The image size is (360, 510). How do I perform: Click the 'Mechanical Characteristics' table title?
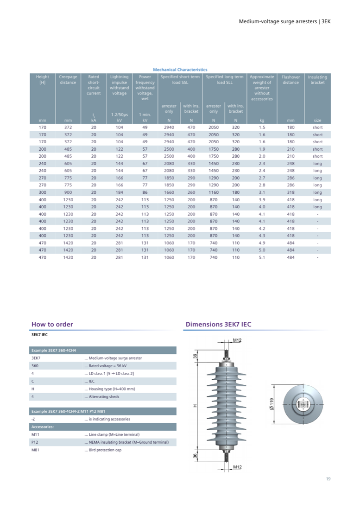point(180,70)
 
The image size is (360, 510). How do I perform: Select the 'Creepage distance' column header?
point(68,80)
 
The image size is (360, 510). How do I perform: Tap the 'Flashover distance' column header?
point(291,80)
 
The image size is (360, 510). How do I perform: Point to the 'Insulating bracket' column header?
point(317,80)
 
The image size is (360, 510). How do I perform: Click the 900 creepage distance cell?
point(68,192)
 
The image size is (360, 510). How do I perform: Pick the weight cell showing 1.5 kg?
point(262,127)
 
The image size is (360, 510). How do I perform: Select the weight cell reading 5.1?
point(262,257)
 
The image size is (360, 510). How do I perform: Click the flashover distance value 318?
point(291,192)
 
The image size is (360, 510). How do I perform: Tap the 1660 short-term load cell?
point(169,192)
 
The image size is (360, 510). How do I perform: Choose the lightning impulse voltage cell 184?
point(119,192)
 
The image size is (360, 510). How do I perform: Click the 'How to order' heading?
point(52,324)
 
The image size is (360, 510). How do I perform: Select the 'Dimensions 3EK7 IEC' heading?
point(218,324)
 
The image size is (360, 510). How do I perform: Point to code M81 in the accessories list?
point(35,450)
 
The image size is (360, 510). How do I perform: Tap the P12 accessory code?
point(35,442)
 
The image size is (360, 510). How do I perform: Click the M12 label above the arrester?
point(237,340)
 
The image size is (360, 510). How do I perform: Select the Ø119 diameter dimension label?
point(272,404)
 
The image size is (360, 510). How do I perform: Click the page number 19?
point(328,479)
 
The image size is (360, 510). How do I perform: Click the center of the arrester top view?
point(303,404)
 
